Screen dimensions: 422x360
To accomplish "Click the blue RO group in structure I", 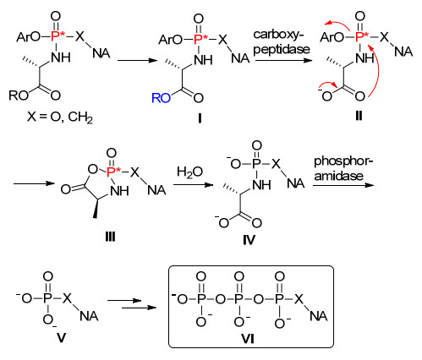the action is point(161,98).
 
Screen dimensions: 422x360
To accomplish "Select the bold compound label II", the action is point(359,116).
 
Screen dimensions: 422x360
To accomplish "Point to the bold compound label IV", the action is point(249,240).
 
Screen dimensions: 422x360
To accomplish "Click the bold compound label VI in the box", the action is point(248,339).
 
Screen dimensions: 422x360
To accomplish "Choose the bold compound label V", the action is point(62,338).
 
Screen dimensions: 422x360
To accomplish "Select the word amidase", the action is point(339,176).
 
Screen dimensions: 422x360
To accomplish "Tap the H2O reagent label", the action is point(189,172).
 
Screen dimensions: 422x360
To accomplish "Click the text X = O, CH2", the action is point(60,117).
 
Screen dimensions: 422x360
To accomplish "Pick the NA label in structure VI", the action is point(319,316).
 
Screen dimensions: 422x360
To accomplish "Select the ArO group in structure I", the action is point(171,40).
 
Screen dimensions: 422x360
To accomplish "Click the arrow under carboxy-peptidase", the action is point(282,60).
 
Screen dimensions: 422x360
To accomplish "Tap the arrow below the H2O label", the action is point(194,185).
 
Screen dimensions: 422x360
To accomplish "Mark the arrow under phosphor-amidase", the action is point(343,185).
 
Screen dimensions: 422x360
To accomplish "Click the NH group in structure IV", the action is point(261,185).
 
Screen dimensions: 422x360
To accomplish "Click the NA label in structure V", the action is point(89,316).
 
